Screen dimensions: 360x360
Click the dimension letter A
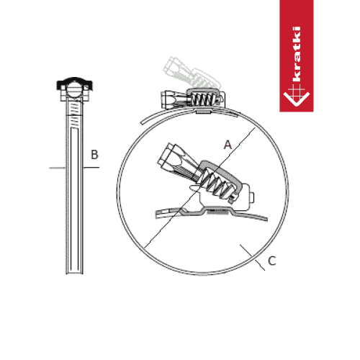click(x=228, y=145)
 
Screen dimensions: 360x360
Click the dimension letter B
click(x=94, y=155)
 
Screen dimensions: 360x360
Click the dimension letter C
click(x=272, y=261)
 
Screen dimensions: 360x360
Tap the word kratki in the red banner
click(x=297, y=54)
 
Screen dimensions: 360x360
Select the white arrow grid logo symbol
click(x=297, y=96)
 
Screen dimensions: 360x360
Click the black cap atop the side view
click(x=75, y=84)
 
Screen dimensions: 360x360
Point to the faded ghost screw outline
click(x=192, y=72)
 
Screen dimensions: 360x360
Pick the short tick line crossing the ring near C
click(x=253, y=258)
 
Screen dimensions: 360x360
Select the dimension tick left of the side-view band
click(x=58, y=168)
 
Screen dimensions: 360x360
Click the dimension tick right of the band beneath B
click(x=91, y=167)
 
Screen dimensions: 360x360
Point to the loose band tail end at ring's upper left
click(x=142, y=122)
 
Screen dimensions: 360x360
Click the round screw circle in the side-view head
click(x=74, y=91)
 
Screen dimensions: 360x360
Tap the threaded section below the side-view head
click(x=75, y=114)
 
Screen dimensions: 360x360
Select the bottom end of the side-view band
click(x=75, y=273)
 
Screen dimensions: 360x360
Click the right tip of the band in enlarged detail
click(x=266, y=218)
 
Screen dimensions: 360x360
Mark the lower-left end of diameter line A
click(x=145, y=248)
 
